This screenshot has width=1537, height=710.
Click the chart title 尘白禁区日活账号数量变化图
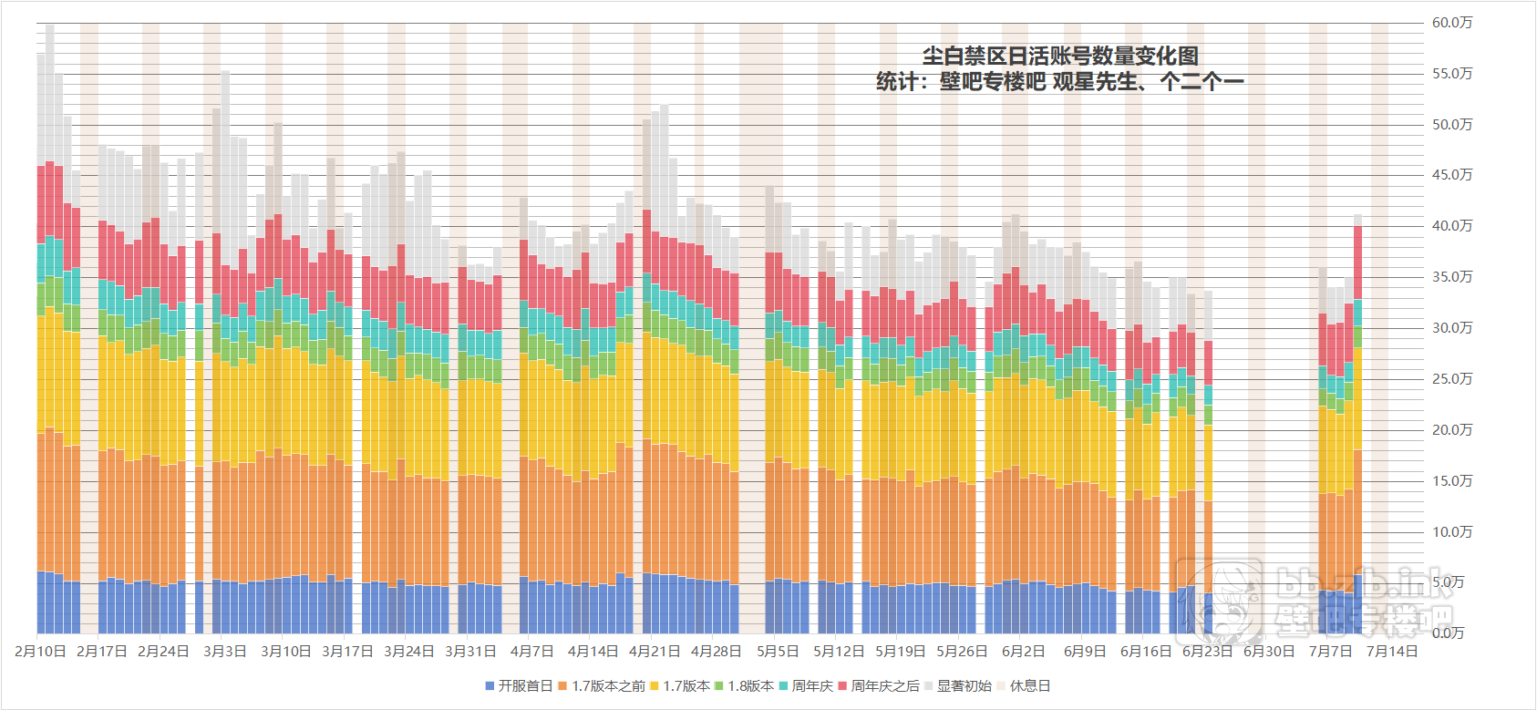pos(1060,56)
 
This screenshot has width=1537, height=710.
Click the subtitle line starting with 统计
pos(1059,82)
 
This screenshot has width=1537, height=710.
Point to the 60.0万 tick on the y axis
pos(1452,23)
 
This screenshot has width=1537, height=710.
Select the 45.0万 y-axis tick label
pos(1452,175)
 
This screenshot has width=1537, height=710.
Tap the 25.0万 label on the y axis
pos(1452,379)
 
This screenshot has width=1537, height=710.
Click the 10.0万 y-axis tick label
pos(1452,532)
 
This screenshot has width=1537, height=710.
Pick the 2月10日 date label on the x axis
pos(40,652)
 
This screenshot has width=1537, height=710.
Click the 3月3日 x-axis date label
pos(224,652)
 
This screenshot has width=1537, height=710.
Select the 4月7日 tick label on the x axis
pos(531,652)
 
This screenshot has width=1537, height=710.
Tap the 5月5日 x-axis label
pos(778,652)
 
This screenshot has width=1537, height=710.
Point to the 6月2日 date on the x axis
pos(1023,652)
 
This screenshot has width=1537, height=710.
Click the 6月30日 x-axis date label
pos(1269,652)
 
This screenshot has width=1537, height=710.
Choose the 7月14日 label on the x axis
pos(1392,652)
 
